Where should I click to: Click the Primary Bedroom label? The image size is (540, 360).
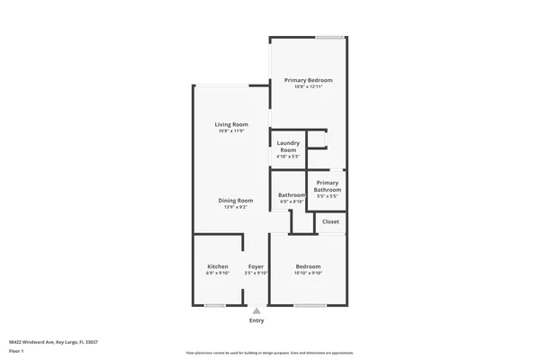click(308, 80)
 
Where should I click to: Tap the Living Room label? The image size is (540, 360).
click(231, 124)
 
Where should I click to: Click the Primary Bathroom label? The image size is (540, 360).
click(328, 186)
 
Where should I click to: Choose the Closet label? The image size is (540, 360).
click(330, 221)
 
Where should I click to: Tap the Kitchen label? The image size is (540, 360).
click(218, 266)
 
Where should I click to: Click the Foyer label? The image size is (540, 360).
click(256, 266)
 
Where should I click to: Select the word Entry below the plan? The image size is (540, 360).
click(256, 320)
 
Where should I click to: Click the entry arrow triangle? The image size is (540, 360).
click(256, 310)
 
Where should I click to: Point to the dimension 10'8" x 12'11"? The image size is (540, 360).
click(308, 87)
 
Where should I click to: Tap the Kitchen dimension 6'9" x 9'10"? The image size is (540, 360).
click(218, 274)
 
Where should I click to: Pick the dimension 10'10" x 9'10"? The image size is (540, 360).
click(309, 274)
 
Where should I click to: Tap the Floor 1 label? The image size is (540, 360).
click(15, 351)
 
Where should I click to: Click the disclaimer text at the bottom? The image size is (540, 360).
click(269, 352)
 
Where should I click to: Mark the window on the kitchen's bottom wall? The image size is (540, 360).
click(215, 306)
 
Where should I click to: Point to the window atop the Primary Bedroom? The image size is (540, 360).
click(328, 37)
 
